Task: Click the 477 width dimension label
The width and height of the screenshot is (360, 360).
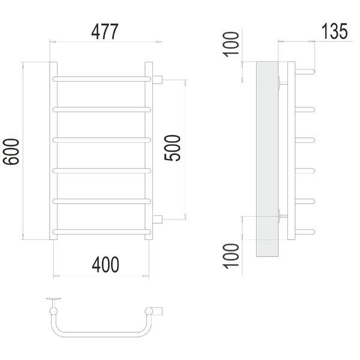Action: click(104, 31)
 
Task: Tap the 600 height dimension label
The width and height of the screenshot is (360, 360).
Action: click(11, 152)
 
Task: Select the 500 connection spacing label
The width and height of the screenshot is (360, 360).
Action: click(172, 148)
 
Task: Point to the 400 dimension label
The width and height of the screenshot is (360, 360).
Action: click(106, 265)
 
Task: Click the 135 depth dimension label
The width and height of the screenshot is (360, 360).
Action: click(335, 31)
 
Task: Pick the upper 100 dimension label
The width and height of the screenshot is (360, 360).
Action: click(231, 44)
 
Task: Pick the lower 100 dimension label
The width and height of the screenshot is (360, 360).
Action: click(231, 256)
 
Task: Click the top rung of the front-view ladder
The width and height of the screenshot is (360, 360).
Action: click(102, 79)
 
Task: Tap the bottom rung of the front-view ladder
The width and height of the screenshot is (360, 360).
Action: click(102, 232)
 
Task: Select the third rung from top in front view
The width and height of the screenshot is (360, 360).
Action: click(102, 140)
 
